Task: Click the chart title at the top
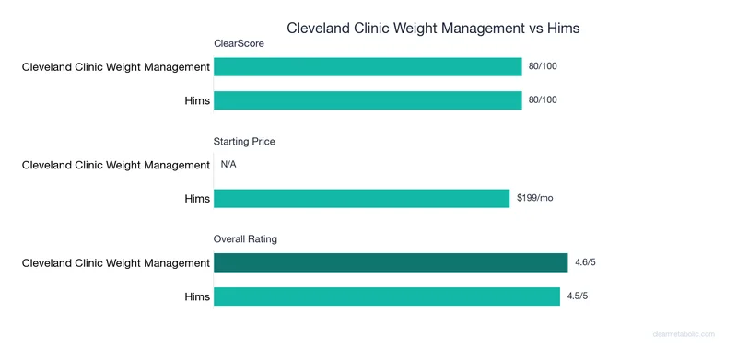tap(433, 28)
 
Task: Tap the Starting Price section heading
tap(244, 142)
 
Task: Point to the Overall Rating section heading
tap(245, 239)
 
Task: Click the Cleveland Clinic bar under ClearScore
tap(368, 66)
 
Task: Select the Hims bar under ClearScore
tap(368, 99)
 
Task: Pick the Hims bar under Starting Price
tap(361, 198)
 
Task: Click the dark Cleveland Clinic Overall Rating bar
tap(391, 263)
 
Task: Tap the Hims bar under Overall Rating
tap(387, 296)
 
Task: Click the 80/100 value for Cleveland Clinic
tap(544, 66)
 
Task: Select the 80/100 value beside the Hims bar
tap(544, 99)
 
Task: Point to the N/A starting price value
tap(228, 165)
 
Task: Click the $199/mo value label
tap(534, 198)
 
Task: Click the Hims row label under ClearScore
tap(197, 99)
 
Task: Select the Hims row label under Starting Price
tap(197, 198)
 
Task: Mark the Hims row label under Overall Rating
tap(197, 296)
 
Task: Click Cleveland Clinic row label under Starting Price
tap(116, 165)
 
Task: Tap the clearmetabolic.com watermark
tap(689, 337)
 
